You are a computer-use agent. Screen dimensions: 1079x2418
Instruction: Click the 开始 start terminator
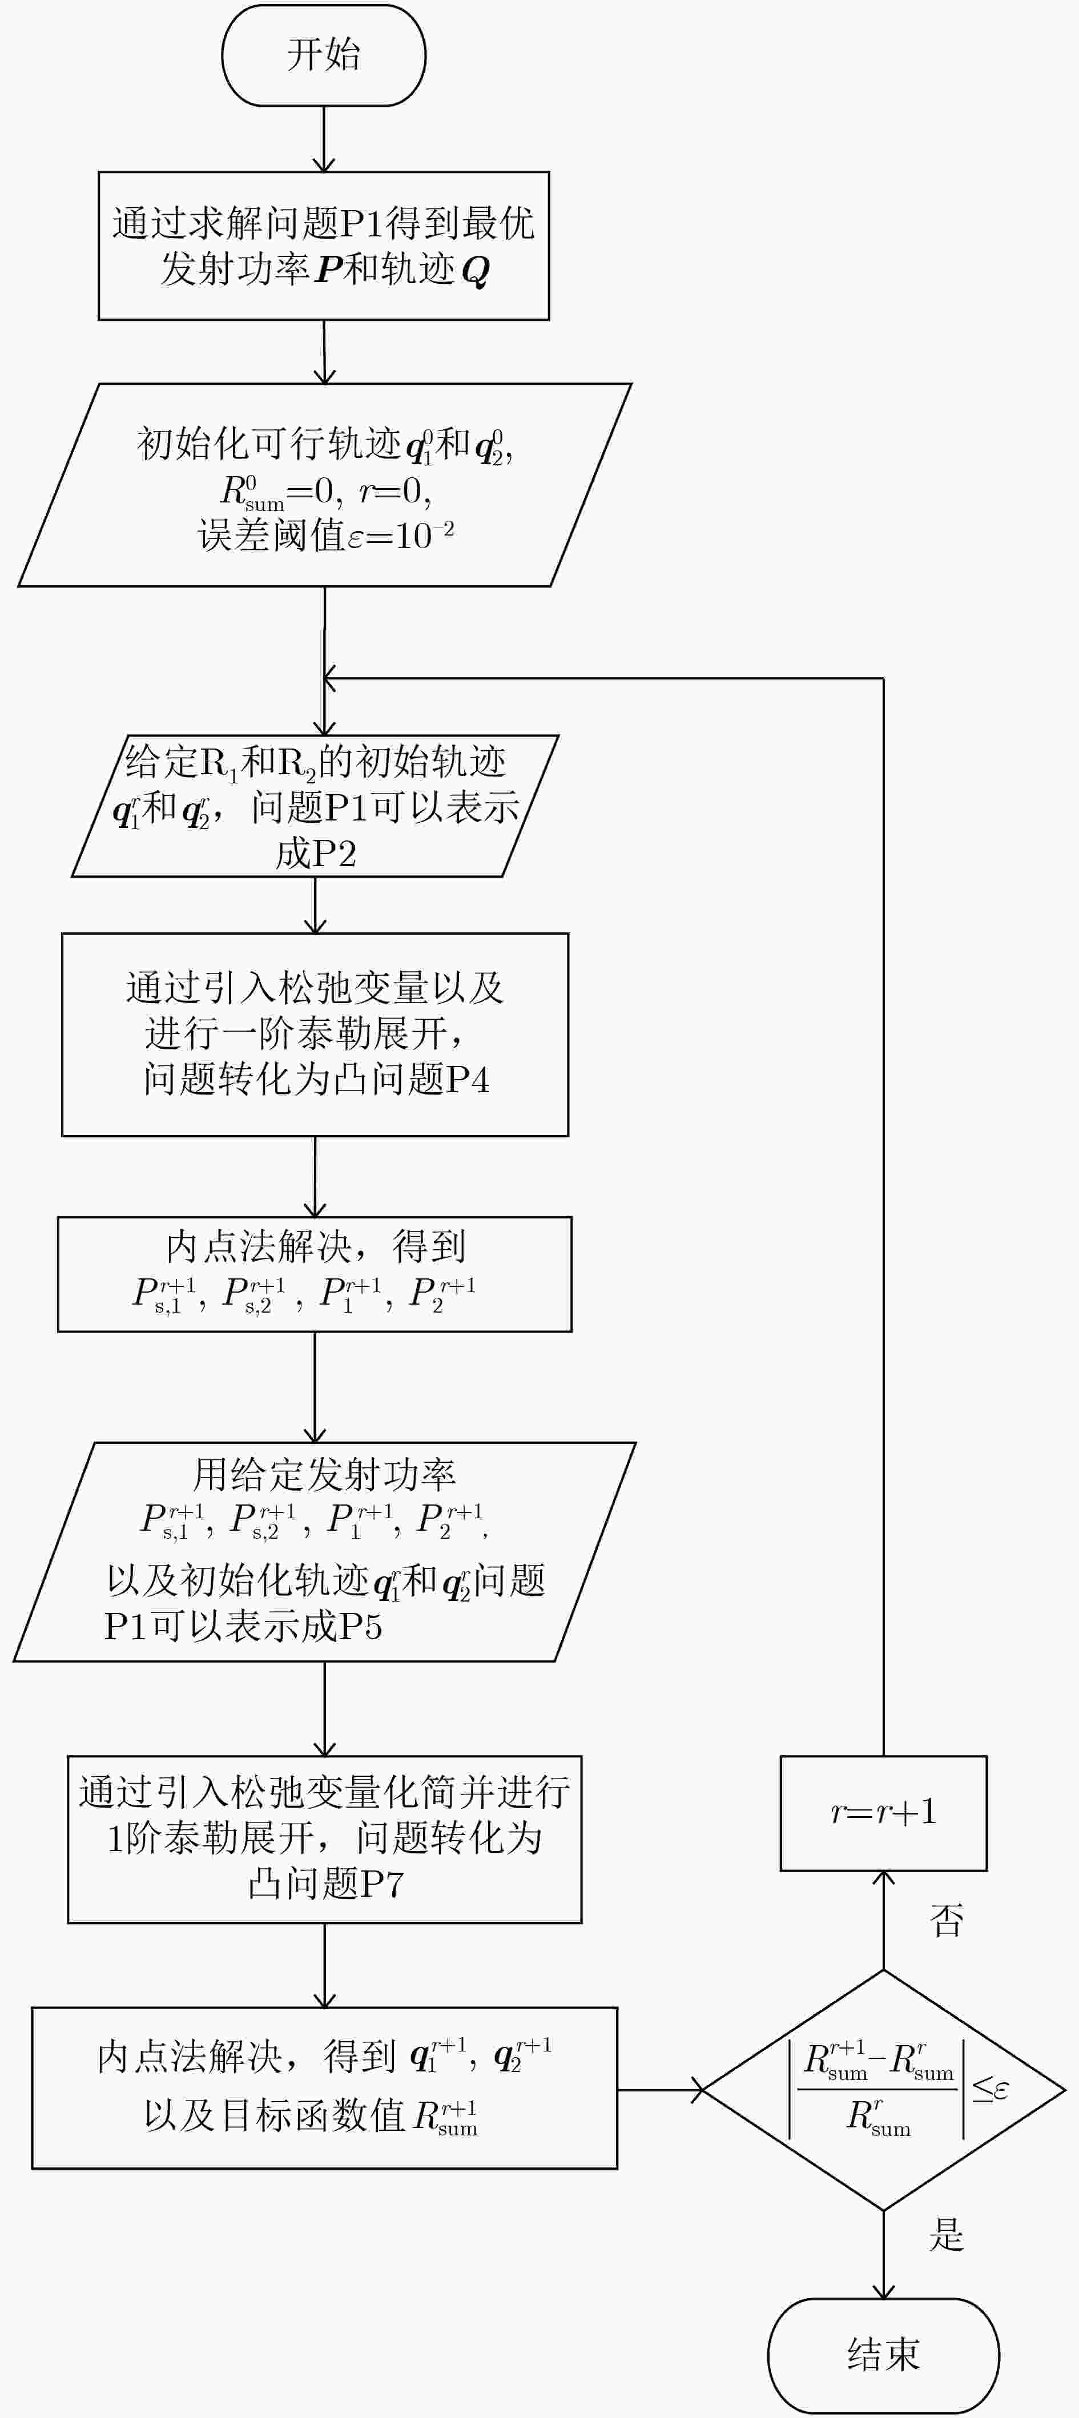pos(324,55)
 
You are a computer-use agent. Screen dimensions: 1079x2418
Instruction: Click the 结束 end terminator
pos(883,2355)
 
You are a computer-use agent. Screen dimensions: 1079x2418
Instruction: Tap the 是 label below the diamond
pos(946,2235)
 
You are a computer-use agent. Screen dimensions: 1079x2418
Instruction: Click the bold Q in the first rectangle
pos(476,271)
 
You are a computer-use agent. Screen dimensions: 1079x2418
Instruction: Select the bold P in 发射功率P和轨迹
pos(329,269)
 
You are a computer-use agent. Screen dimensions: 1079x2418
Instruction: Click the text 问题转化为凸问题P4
pos(316,1079)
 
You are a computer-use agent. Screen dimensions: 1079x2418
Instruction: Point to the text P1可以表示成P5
pos(243,1626)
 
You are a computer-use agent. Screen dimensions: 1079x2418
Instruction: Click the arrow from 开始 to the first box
pos(324,139)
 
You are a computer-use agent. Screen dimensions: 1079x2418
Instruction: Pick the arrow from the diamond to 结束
pos(883,2255)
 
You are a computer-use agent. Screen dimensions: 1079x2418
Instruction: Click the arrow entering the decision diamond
pos(659,2090)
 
